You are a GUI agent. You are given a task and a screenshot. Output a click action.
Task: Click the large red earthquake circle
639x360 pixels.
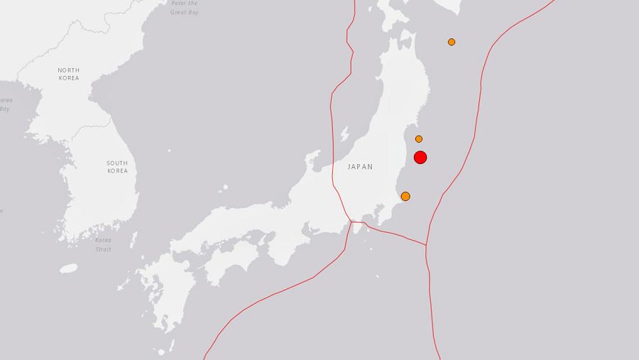pyautogui.click(x=420, y=157)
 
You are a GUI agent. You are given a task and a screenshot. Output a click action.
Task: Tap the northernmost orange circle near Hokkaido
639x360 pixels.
pyautogui.click(x=452, y=42)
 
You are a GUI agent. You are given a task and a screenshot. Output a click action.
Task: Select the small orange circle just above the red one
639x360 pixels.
pyautogui.click(x=419, y=138)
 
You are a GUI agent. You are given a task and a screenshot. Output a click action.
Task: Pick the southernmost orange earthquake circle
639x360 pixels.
pyautogui.click(x=405, y=196)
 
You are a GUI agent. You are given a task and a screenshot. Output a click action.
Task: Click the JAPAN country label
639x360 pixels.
pyautogui.click(x=360, y=167)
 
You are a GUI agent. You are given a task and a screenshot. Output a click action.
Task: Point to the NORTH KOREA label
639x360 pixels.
pyautogui.click(x=69, y=73)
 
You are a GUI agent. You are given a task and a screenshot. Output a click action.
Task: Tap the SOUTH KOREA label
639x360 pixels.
pyautogui.click(x=117, y=167)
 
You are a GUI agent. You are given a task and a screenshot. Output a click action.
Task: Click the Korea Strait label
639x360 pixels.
pyautogui.click(x=104, y=244)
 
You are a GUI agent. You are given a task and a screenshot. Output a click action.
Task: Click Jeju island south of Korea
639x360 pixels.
pyautogui.click(x=69, y=268)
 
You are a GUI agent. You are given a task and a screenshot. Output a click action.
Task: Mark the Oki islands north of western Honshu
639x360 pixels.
pyautogui.click(x=225, y=188)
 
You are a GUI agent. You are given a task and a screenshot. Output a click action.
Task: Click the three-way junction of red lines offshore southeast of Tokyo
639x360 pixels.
pyautogui.click(x=426, y=245)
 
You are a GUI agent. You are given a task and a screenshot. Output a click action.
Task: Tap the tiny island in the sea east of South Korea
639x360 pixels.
pyautogui.click(x=169, y=151)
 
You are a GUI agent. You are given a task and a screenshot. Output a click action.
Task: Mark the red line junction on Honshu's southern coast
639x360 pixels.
pyautogui.click(x=349, y=221)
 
